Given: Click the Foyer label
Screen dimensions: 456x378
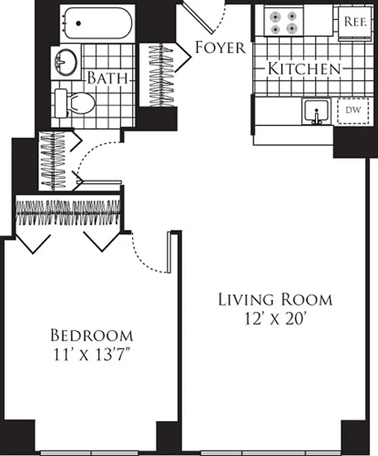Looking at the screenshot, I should (220, 47).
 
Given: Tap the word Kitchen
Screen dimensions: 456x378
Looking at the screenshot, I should (304, 70).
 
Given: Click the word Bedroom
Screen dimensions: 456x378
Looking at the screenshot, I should (92, 335).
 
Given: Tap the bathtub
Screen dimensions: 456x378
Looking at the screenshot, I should (97, 23).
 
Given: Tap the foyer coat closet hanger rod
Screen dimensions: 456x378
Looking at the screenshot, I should (160, 74).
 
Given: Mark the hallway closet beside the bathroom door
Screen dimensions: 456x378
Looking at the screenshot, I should (54, 162).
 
